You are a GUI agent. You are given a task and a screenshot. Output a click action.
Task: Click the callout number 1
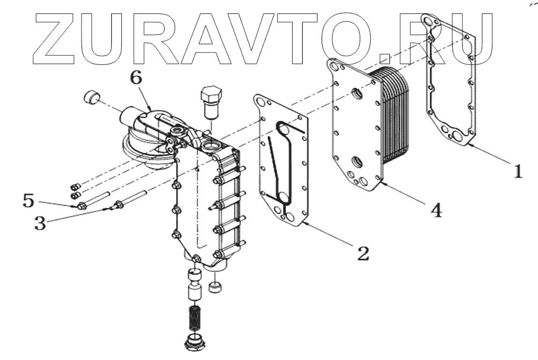(x=517, y=172)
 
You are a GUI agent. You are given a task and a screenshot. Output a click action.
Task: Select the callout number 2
(x=363, y=252)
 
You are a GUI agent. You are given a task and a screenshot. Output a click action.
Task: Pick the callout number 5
(x=28, y=202)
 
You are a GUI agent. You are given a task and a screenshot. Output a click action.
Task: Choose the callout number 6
(x=136, y=78)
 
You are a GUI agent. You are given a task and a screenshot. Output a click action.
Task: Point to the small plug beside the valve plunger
(x=216, y=288)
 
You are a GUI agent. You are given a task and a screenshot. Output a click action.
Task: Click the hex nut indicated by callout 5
(x=82, y=205)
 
